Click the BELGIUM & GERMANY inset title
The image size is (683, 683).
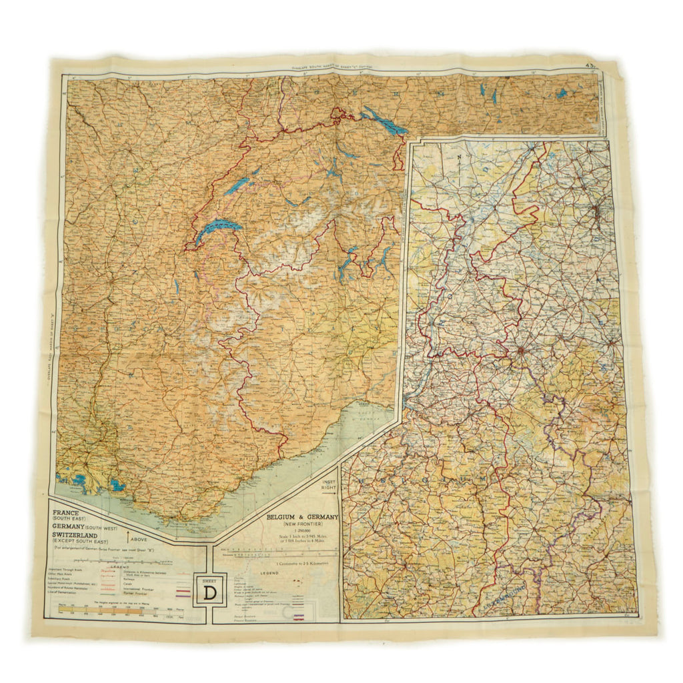[x=303, y=517]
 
